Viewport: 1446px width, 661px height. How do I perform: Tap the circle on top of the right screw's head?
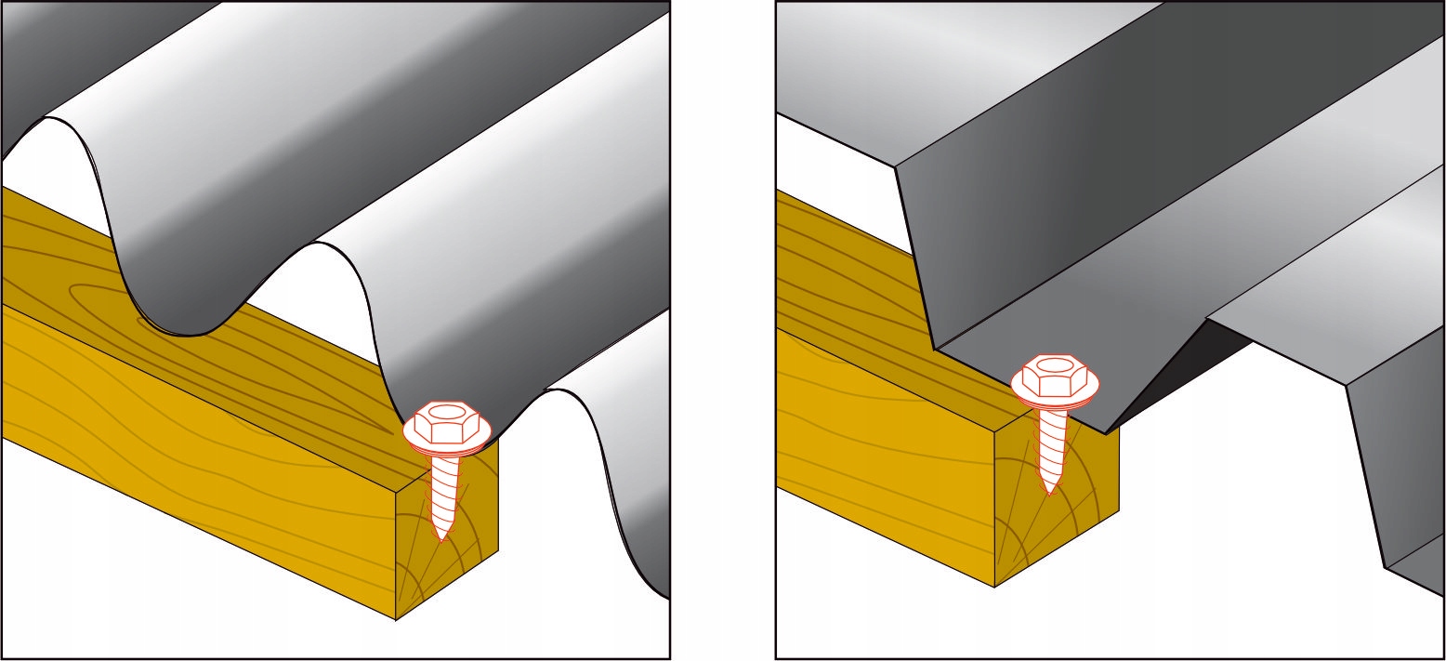(x=1055, y=363)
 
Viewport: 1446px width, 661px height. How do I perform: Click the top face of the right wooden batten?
(x=836, y=270)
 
